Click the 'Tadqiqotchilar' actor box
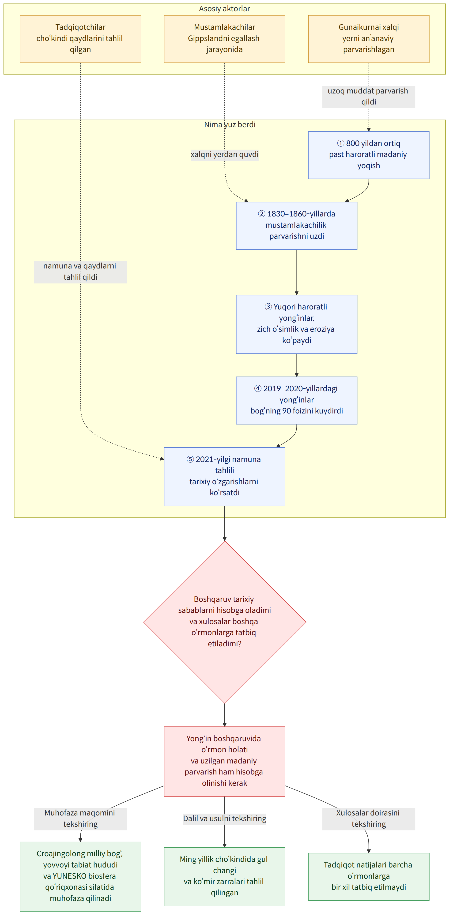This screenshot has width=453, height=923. pos(80,39)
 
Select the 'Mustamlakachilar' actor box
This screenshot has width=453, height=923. pos(225,39)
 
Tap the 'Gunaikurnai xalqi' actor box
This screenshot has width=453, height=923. pos(369,39)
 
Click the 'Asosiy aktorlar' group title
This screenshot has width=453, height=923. pos(225,9)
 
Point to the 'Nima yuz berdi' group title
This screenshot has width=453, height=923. pos(230,124)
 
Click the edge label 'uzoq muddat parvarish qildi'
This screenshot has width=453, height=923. pos(369,97)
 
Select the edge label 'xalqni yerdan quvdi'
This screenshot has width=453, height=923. pos(225,154)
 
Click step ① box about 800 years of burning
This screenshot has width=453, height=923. pos(369,155)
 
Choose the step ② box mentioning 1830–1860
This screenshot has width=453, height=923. pos(297,225)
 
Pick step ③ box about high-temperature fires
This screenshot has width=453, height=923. pos(297,324)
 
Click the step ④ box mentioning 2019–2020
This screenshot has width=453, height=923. pos(297,400)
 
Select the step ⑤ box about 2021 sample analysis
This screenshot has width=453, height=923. pos(225,476)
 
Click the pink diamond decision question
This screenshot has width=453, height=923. pos(225,622)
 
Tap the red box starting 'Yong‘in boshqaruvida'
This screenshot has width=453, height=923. pos(225,761)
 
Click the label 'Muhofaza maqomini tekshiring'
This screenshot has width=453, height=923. pos(80,819)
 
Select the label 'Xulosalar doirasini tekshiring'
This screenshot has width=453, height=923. pos(369,819)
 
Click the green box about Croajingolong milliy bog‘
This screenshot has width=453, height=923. pos(80,876)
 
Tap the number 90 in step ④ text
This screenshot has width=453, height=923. pos(287,411)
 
